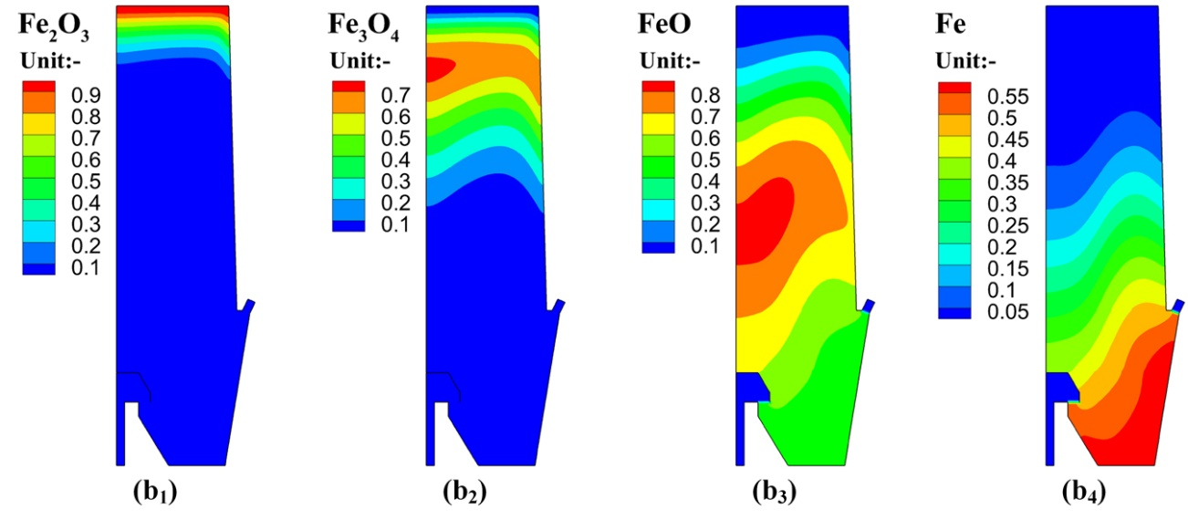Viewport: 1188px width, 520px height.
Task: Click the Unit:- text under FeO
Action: click(x=669, y=62)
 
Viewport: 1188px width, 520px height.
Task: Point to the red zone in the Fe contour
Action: click(x=1136, y=420)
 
